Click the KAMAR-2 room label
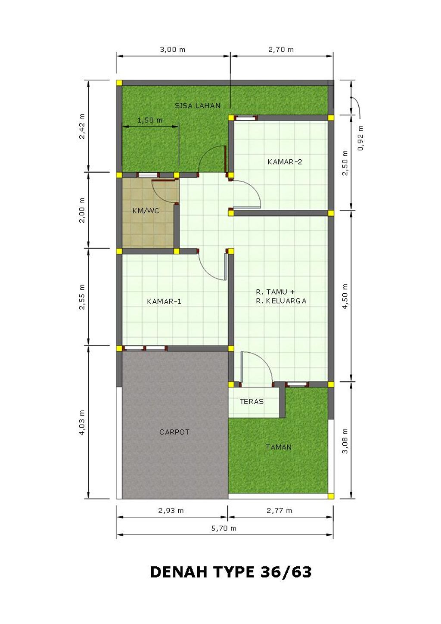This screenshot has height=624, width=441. [x=284, y=161]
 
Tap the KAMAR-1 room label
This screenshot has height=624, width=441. [x=164, y=301]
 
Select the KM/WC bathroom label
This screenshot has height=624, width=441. [x=146, y=211]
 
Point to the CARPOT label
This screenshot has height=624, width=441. [x=174, y=432]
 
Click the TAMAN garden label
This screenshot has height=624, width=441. [x=278, y=447]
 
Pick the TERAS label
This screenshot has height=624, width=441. [x=252, y=401]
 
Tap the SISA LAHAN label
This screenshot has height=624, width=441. [x=198, y=106]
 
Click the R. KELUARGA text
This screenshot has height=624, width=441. [x=281, y=301]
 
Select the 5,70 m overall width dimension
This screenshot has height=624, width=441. [x=224, y=528]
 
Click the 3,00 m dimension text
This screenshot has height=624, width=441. [x=172, y=49]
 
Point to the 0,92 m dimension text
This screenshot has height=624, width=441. [x=360, y=138]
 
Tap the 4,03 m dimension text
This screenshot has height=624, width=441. [x=82, y=423]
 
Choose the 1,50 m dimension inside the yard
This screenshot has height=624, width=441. [x=150, y=120]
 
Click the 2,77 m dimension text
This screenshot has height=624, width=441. [x=279, y=510]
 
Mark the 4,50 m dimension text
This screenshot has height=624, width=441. [x=345, y=296]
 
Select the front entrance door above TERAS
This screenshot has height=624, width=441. [x=256, y=368]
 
